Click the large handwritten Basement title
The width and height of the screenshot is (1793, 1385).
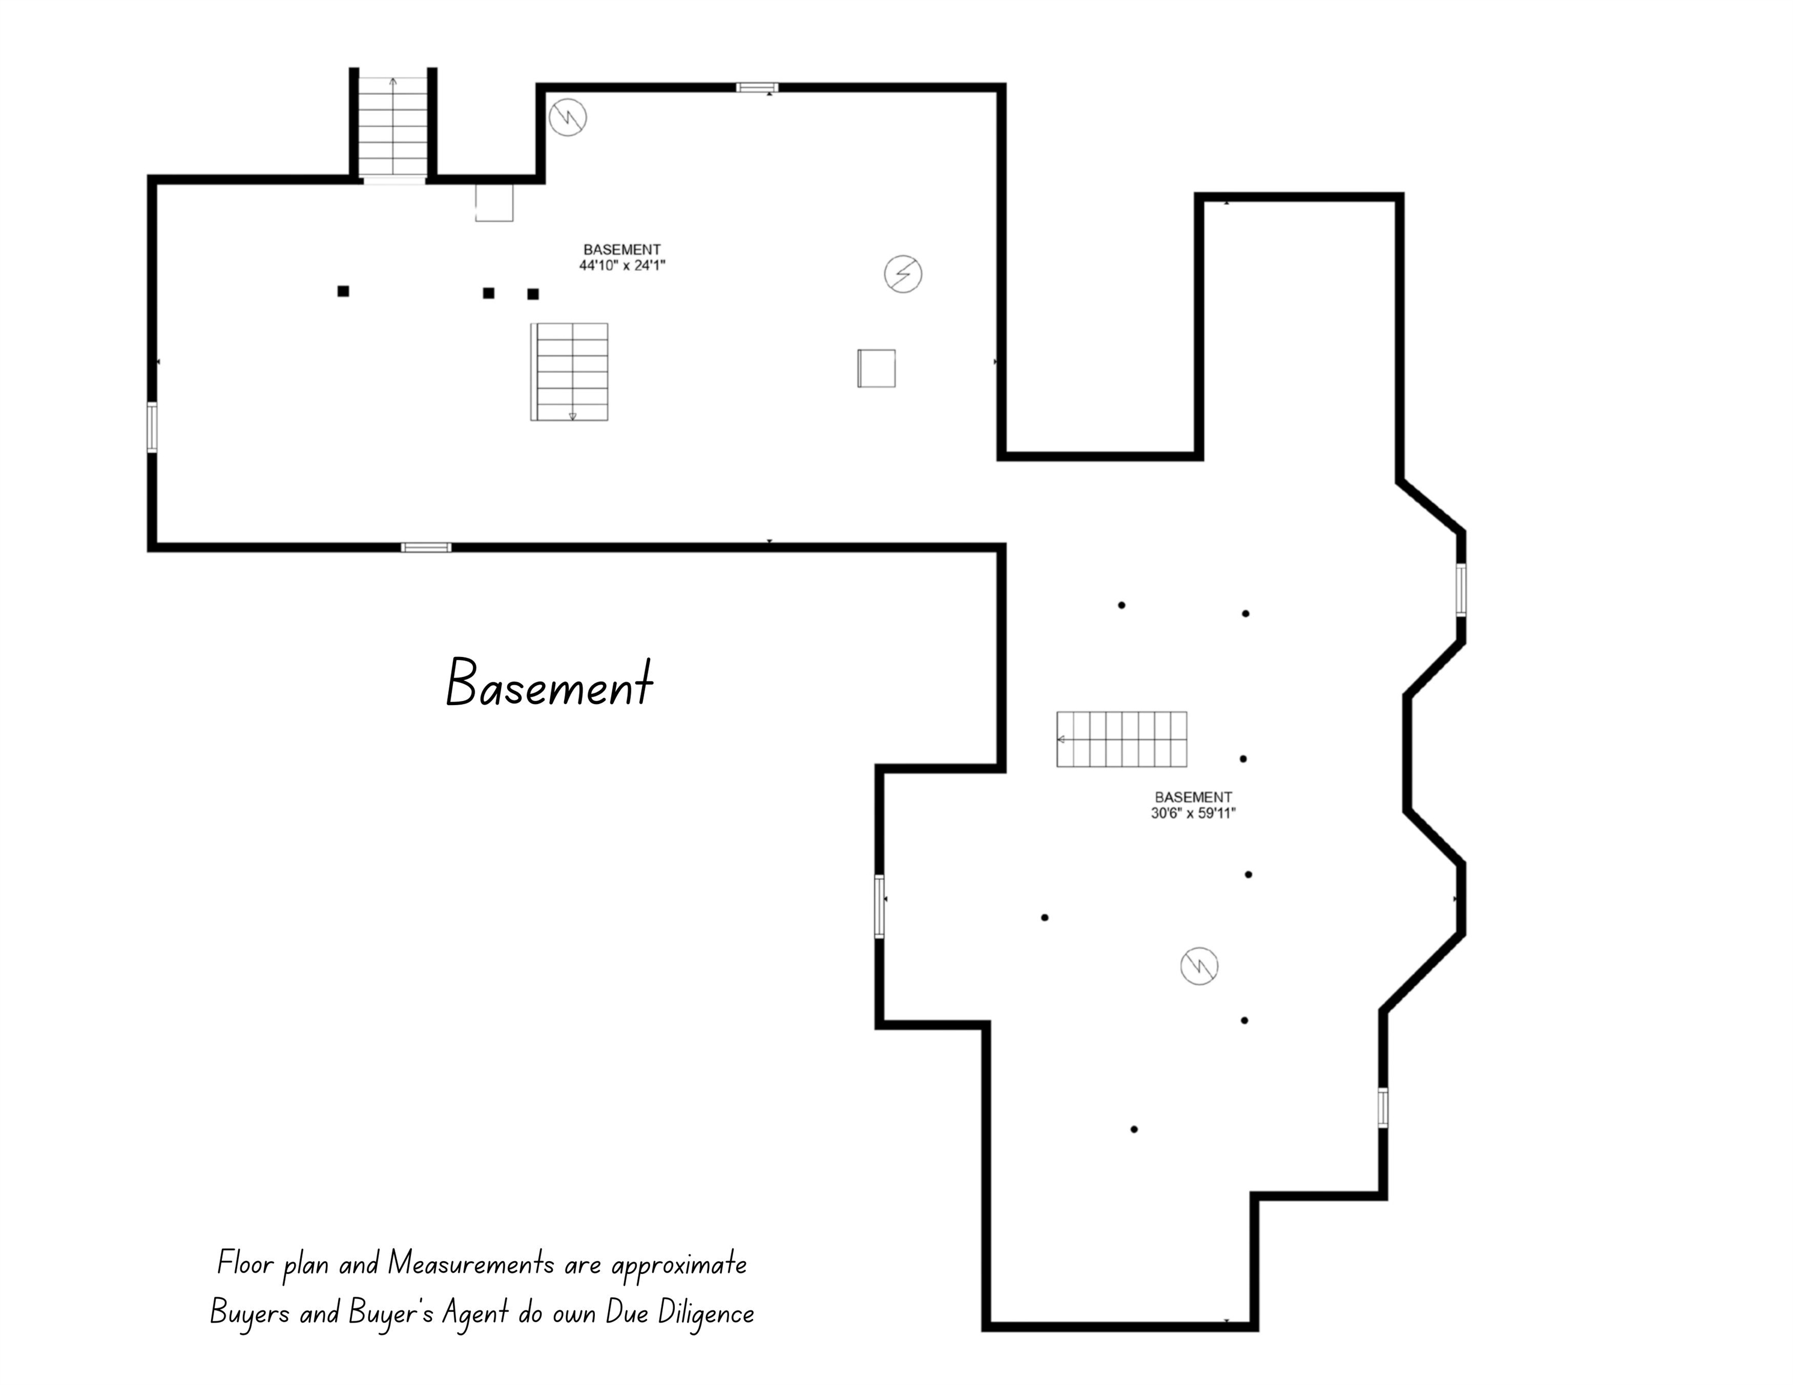pos(549,683)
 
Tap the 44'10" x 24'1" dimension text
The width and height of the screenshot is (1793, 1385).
pos(621,265)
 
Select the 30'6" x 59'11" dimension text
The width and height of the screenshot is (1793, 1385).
pos(1193,813)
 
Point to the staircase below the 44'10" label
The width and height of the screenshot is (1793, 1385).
pos(570,371)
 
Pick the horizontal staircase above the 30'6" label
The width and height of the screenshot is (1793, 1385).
pos(1121,739)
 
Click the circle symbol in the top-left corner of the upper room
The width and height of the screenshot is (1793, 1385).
pos(567,117)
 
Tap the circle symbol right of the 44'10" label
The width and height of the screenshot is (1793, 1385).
pos(902,274)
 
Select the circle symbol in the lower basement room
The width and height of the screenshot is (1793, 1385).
pos(1199,966)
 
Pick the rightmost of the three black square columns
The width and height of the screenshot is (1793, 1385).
pos(533,294)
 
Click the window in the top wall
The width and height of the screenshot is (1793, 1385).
pos(756,88)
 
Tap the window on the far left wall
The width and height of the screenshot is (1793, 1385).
pos(153,427)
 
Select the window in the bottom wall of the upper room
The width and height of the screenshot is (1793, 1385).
pos(426,547)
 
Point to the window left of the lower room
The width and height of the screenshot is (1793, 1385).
pos(879,906)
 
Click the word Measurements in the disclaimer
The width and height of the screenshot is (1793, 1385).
pos(470,1264)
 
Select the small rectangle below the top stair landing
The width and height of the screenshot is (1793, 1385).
pos(494,203)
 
